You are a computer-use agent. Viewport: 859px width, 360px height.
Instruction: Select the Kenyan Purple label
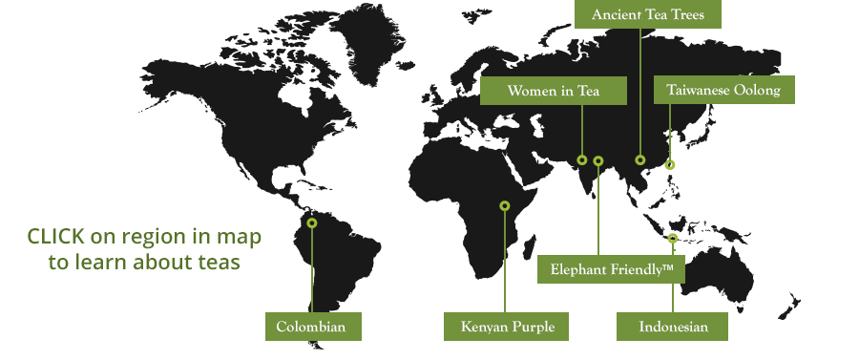506,327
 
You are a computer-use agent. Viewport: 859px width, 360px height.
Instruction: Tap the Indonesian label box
673,327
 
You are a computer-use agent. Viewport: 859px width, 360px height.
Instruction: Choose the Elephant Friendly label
611,269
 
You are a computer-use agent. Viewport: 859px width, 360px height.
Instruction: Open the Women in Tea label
553,91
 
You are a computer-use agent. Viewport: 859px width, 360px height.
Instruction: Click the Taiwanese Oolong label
723,91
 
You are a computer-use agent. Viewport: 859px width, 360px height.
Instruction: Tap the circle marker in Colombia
312,222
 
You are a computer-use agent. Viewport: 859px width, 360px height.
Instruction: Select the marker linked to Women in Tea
581,160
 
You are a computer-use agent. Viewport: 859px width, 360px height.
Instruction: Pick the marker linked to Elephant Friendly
598,160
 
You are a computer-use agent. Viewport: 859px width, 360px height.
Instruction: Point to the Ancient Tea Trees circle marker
640,160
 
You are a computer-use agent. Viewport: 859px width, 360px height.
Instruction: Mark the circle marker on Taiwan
670,165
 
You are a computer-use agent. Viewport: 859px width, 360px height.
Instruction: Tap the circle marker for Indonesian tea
673,238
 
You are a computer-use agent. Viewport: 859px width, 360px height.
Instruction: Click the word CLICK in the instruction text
56,236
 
